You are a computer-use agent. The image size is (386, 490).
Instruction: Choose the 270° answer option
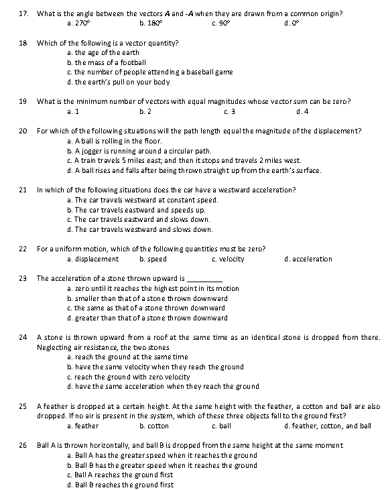coord(78,23)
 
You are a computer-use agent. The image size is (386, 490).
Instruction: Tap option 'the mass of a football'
coord(107,62)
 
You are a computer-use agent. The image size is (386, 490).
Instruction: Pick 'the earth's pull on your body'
coord(118,82)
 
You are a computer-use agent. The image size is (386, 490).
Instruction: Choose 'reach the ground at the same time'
coord(127,357)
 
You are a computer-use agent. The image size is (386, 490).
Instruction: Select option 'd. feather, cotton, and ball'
coord(327,426)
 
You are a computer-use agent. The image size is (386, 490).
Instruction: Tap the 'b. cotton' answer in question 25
coord(153,426)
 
